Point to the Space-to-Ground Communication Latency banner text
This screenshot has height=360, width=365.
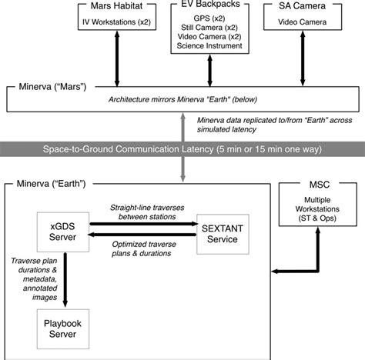pos(182,148)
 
